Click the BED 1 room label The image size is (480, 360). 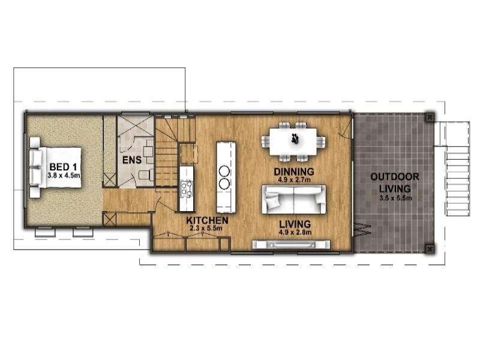click(63, 167)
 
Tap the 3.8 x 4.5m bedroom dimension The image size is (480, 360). click(64, 176)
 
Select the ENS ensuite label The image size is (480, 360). click(132, 160)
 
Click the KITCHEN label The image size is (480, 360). click(207, 220)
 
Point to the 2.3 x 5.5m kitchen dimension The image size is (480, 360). click(206, 228)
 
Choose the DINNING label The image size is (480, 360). click(294, 172)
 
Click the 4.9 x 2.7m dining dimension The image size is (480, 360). click(294, 179)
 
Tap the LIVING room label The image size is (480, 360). click(295, 224)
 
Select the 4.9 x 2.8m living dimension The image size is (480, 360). click(295, 232)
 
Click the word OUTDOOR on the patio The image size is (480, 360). click(395, 177)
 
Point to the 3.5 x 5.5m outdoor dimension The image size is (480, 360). click(395, 198)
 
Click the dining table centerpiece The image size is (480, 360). click(295, 139)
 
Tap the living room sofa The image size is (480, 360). click(293, 199)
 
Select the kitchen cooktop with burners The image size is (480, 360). click(187, 188)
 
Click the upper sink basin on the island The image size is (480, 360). click(224, 170)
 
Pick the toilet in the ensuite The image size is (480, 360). click(146, 175)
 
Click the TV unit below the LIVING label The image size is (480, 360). click(291, 245)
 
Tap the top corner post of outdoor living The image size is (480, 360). click(430, 117)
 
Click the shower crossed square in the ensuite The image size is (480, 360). click(136, 125)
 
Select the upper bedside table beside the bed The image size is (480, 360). click(35, 143)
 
